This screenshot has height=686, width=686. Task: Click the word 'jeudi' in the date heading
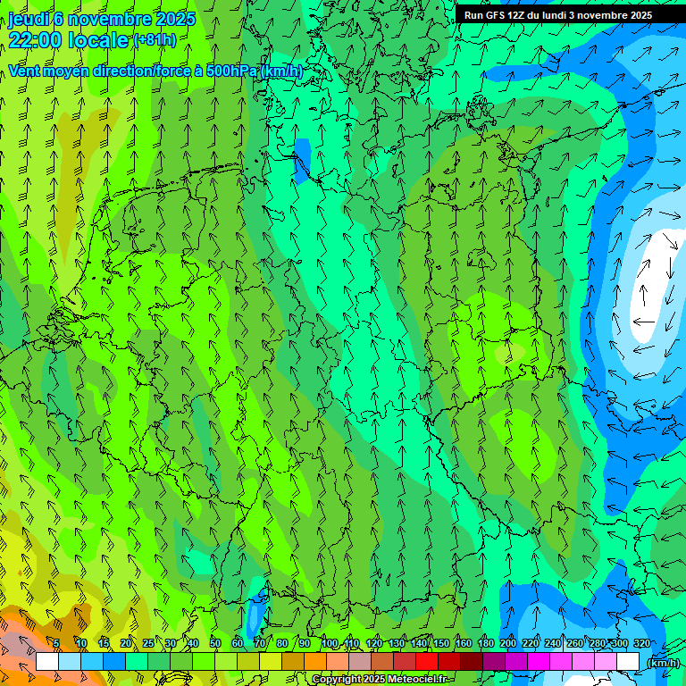28,19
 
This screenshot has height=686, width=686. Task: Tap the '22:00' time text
35,39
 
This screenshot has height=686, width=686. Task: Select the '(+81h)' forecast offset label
155,40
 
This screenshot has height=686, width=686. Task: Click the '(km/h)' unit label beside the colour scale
663,663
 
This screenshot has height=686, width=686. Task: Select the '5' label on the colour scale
56,644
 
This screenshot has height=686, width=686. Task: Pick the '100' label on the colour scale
330,644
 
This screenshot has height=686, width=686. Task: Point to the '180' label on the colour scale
485,644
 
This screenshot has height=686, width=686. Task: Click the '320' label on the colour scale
642,644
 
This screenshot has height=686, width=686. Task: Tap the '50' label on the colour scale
215,644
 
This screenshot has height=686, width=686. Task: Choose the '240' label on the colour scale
553,644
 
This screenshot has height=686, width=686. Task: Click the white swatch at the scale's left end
47,662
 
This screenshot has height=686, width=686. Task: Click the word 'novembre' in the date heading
112,19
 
